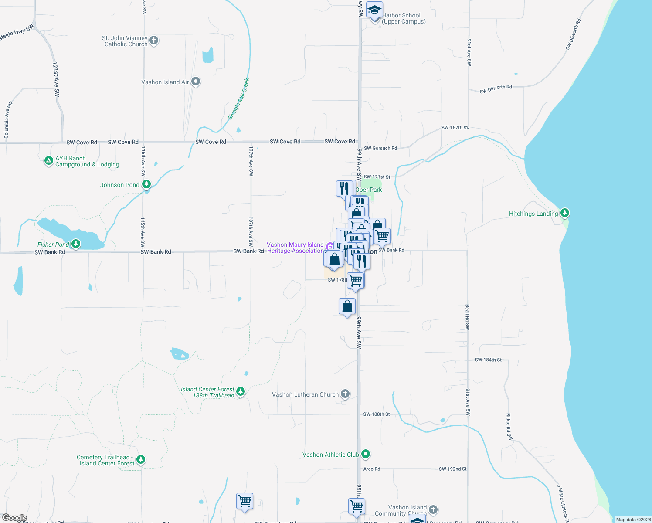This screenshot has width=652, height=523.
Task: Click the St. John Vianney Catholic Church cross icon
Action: coord(153,41)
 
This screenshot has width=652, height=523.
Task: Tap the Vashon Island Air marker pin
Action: coord(196,82)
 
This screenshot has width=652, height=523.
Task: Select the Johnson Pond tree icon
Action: coord(146,184)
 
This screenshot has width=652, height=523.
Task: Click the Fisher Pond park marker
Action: coord(76,244)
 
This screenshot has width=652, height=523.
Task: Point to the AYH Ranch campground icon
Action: coord(49,161)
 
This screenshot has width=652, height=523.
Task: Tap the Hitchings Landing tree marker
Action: coord(565,213)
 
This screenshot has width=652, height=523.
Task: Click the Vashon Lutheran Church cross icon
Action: coord(345,394)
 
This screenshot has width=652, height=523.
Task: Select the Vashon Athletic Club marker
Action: coord(366,454)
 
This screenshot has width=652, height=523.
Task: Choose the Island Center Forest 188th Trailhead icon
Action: coord(241,392)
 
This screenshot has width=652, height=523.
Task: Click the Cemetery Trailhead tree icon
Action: coord(140,459)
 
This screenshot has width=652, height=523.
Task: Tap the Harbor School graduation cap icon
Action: coord(374,10)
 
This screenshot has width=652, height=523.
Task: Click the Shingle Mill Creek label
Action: coord(238,99)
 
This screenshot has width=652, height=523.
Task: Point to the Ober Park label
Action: coord(369,190)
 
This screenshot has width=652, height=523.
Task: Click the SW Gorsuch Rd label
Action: coord(380,148)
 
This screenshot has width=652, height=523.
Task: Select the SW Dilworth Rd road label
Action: coord(496,89)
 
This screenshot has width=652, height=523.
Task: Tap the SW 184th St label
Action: coord(488,360)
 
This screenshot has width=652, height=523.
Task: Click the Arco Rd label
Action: coord(371,469)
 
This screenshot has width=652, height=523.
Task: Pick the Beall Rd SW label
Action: coord(467,317)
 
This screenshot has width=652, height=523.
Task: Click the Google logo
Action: coord(14,518)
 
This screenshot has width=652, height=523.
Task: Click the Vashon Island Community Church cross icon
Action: coord(433,509)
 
